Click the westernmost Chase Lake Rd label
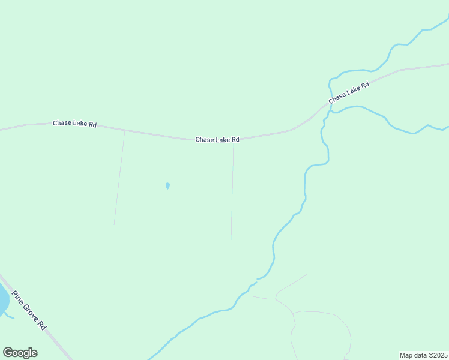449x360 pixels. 74,124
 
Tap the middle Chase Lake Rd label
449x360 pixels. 217,139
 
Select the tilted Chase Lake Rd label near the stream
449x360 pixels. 348,92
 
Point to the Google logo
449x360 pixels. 20,353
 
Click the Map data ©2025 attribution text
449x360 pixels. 423,355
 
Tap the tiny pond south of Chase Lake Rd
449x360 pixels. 167,186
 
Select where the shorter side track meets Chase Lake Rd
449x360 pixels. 124,130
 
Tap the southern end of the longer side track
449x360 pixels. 231,242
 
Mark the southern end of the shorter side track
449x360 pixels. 114,225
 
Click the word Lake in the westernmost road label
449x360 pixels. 79,124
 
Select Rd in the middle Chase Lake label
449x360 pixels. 235,139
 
